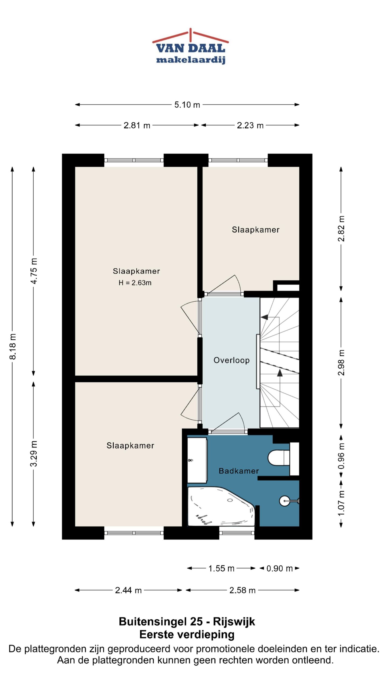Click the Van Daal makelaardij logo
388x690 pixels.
190,46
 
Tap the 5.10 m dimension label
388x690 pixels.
187,105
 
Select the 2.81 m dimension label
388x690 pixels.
137,125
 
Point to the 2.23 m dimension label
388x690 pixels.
250,125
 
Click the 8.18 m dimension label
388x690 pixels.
13,346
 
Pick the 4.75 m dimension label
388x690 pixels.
34,271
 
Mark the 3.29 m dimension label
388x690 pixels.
34,454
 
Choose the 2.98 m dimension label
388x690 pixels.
341,363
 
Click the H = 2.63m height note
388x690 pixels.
135,283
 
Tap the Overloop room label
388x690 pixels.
231,360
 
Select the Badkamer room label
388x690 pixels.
239,471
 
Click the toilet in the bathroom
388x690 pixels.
279,457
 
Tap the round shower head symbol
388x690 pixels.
285,501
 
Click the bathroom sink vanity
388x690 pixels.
197,460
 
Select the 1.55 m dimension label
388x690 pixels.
221,568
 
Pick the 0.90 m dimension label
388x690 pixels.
279,568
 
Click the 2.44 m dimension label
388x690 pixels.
128,590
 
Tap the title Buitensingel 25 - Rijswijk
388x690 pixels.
187,622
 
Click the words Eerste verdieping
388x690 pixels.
187,634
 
